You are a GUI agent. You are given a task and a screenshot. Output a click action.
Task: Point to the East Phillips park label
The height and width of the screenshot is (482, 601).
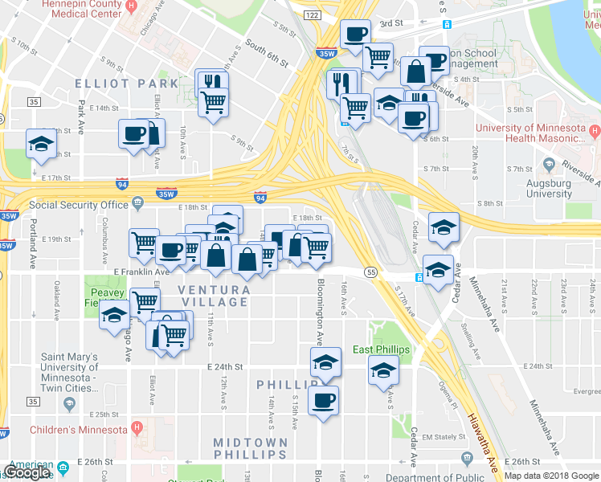pyautogui.click(x=381, y=349)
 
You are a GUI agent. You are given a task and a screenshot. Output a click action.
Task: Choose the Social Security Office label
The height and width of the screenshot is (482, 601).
pyautogui.click(x=79, y=205)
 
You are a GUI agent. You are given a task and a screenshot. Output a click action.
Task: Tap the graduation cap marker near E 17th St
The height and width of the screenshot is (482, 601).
pyautogui.click(x=41, y=145)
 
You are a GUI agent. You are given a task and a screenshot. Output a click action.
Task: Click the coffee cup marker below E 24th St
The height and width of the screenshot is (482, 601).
pyautogui.click(x=323, y=400)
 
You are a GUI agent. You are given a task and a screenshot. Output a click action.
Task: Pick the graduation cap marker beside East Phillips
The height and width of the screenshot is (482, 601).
pyautogui.click(x=383, y=370)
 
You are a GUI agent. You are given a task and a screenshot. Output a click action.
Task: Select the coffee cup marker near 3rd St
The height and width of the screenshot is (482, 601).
pyautogui.click(x=356, y=35)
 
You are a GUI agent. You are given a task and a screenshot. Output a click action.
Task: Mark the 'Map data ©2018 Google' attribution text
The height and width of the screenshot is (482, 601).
pyautogui.click(x=551, y=476)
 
